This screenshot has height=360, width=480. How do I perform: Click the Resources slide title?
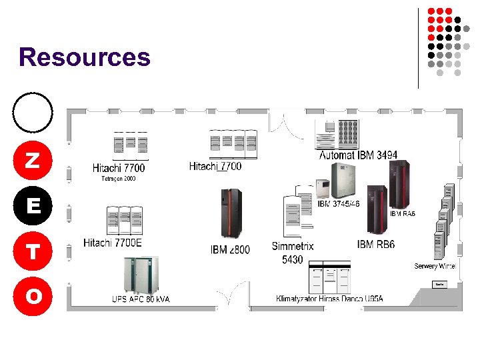[x=85, y=57]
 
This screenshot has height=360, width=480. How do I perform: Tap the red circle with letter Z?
[x=33, y=160]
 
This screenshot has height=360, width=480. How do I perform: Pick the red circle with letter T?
[x=33, y=251]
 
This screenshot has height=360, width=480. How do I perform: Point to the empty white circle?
[x=33, y=111]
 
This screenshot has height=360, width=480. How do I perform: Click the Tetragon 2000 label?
[x=118, y=179]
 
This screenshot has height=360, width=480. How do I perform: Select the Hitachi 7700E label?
[x=113, y=243]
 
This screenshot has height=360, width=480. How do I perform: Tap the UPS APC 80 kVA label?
[x=141, y=299]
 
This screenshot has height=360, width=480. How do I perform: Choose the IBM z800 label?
[x=230, y=250]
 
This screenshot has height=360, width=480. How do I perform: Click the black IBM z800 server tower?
[x=231, y=213]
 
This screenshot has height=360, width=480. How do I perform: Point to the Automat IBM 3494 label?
[x=358, y=155]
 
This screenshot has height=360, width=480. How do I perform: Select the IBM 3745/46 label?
[x=338, y=203]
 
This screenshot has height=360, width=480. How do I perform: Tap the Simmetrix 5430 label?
[x=293, y=253]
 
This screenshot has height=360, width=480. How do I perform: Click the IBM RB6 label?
[x=376, y=245]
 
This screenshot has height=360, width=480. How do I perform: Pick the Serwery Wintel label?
[x=435, y=266]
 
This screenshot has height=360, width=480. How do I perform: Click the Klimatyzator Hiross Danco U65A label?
[x=329, y=298]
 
